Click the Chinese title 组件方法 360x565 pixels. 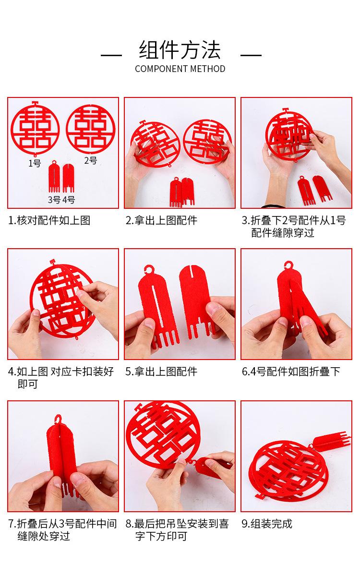[180, 50]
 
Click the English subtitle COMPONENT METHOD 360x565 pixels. [180, 69]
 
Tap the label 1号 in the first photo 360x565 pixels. [35, 164]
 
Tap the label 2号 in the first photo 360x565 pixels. [90, 160]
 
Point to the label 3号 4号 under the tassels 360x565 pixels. [61, 199]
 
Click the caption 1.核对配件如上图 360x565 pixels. [49, 220]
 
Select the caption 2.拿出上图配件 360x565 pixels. [161, 220]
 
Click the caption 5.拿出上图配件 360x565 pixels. [161, 372]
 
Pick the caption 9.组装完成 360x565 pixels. [267, 524]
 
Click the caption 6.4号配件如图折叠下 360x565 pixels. [291, 372]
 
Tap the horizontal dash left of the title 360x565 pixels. [111, 55]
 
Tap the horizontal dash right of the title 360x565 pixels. [251, 55]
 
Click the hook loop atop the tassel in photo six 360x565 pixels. [288, 266]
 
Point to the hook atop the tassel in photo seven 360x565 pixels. [58, 420]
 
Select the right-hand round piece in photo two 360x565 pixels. [207, 141]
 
